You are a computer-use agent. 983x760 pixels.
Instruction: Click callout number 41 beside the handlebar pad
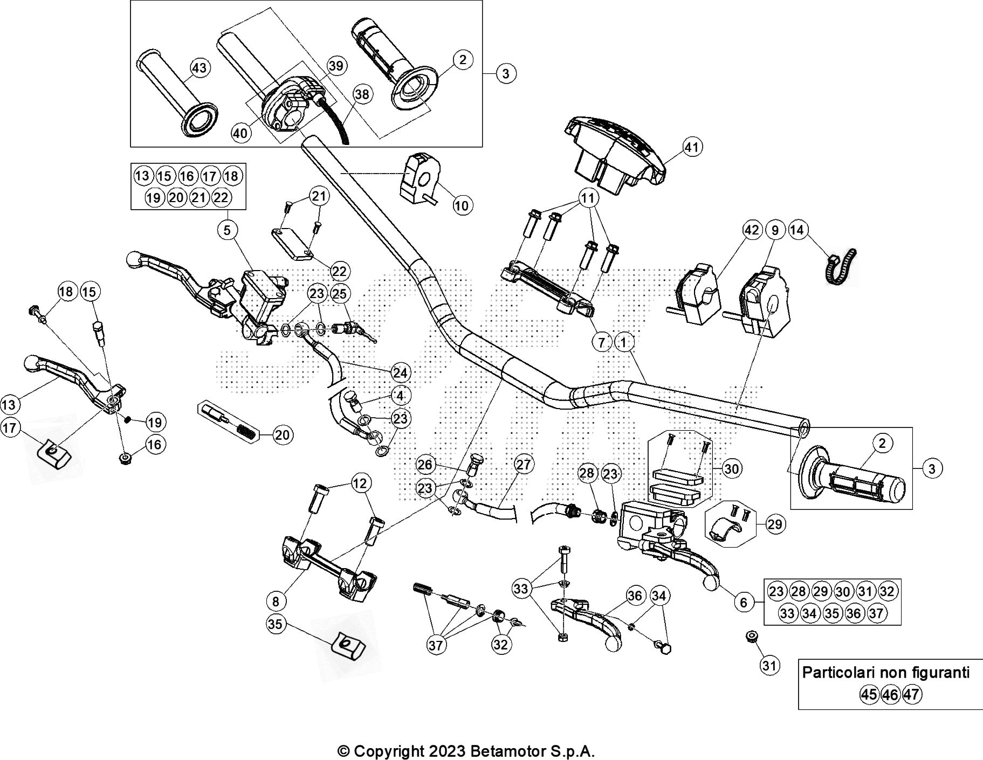click(692, 147)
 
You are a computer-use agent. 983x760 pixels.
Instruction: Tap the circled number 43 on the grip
click(199, 68)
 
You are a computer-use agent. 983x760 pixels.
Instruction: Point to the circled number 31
click(770, 666)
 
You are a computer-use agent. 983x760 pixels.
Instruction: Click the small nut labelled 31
click(750, 637)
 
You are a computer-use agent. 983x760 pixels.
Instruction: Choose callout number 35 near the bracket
click(275, 624)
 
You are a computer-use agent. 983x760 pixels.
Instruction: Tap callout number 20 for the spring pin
click(282, 434)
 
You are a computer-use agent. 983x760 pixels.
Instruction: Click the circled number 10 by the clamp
click(462, 205)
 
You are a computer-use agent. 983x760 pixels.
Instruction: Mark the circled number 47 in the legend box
click(912, 694)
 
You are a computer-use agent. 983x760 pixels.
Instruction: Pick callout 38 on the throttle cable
click(362, 95)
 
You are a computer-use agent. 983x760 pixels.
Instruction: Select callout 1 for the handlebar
click(623, 342)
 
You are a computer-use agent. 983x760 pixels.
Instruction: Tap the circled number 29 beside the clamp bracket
click(774, 524)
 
